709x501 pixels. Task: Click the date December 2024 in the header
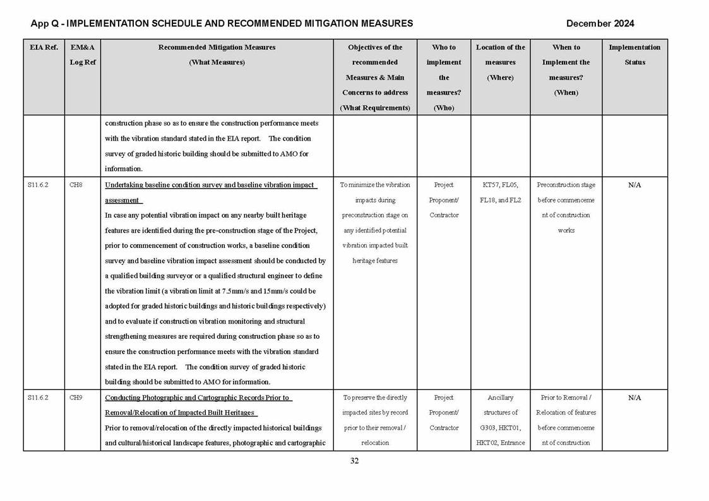600,24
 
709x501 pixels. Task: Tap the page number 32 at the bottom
354,461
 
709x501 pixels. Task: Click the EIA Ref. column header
44,47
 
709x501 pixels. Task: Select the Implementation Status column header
634,55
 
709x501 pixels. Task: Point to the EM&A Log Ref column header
82,55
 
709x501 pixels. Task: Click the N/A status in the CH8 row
635,185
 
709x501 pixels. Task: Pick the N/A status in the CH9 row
635,398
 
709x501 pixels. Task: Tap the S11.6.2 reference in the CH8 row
39,185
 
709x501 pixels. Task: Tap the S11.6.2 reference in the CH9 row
39,398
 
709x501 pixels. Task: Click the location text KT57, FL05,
500,185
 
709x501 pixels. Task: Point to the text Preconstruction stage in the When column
566,185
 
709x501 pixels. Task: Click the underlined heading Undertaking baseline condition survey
210,185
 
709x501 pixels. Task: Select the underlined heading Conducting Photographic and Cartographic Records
198,398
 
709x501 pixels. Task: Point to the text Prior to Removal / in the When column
566,398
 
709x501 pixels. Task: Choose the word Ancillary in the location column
500,398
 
